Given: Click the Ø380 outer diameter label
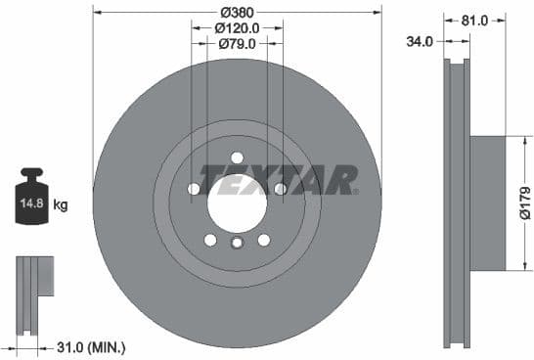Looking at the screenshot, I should [237, 12].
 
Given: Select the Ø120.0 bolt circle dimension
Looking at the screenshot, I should [237, 28].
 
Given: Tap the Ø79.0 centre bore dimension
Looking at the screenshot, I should [237, 44].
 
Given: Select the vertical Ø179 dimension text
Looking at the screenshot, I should [524, 203].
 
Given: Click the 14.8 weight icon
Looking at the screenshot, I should [31, 202].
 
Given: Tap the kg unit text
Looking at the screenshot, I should [61, 204].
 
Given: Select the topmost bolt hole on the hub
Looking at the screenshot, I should [237, 158].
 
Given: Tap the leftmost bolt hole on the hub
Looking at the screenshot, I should [194, 189].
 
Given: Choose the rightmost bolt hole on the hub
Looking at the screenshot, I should [280, 189].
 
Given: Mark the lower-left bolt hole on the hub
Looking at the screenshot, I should [210, 240].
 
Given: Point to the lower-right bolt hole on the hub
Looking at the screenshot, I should [263, 240].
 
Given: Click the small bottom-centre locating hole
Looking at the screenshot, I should [237, 245].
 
